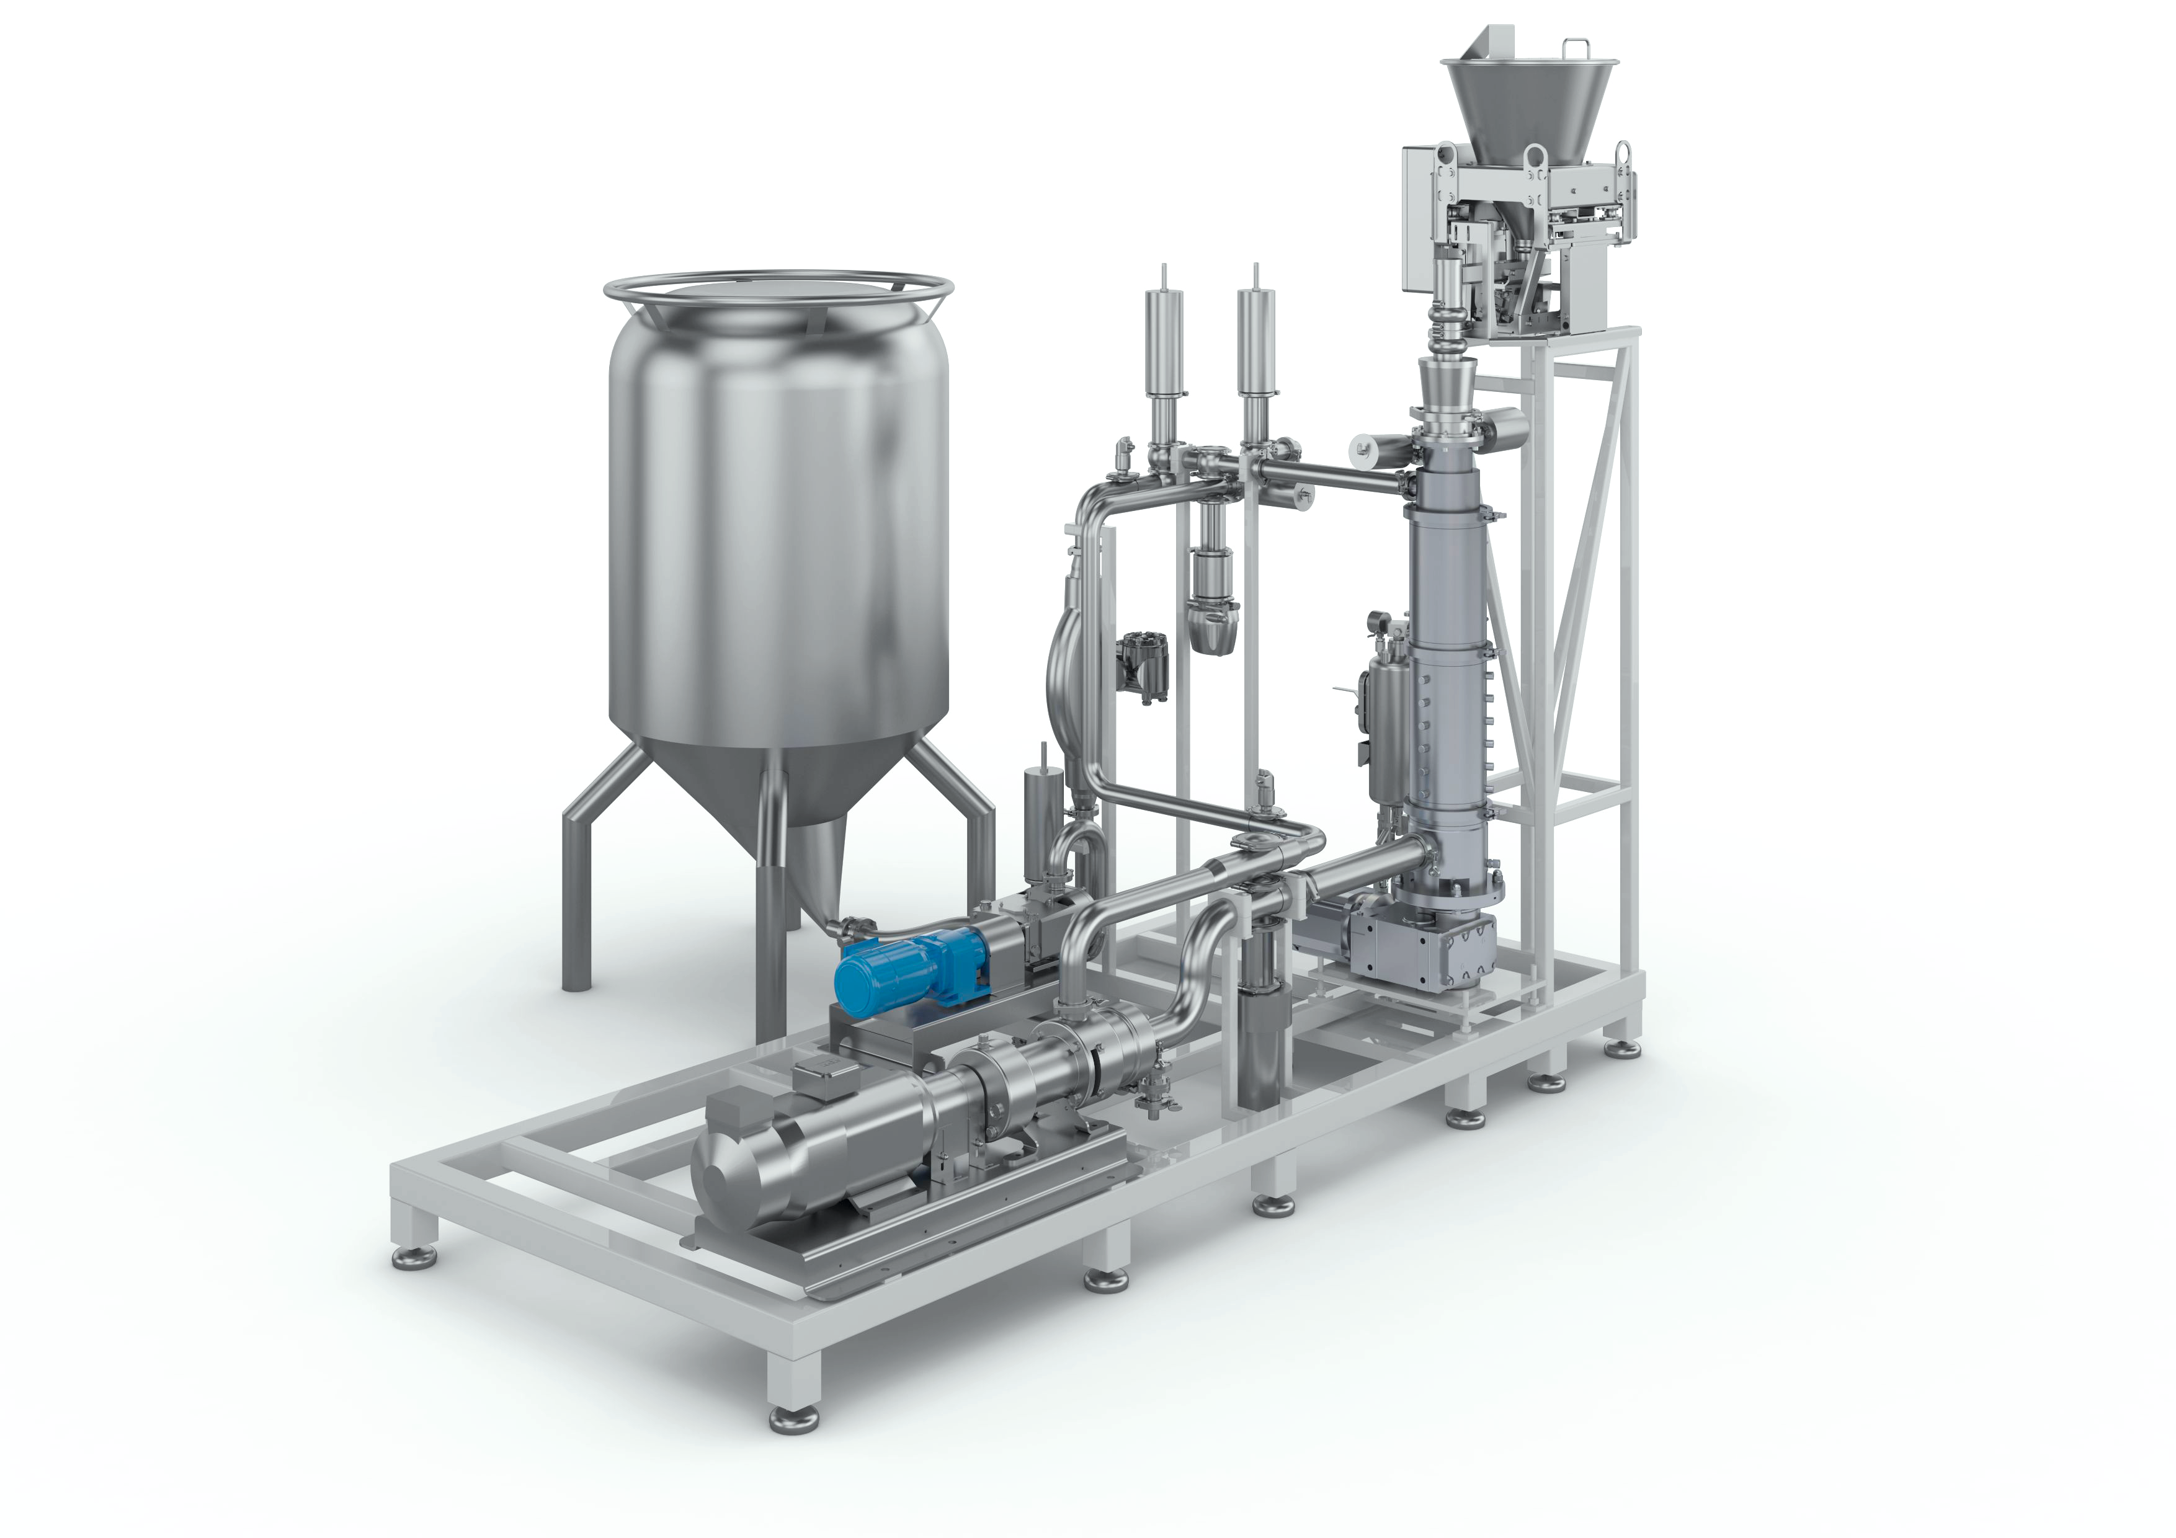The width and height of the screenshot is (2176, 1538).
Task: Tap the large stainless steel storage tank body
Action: click(x=777, y=531)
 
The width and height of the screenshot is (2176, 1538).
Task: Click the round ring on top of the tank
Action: click(x=777, y=287)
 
